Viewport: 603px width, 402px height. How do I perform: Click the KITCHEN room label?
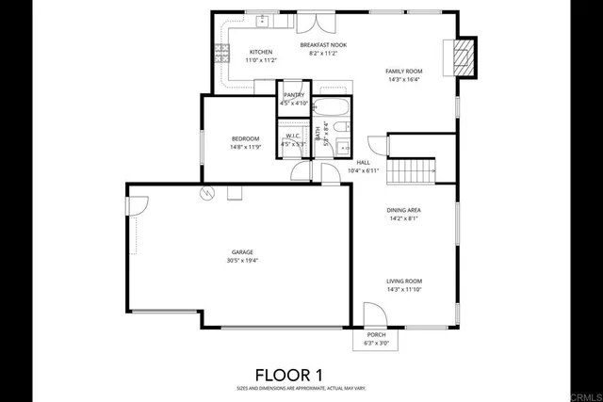pos(261,52)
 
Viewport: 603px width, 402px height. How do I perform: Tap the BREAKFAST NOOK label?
pos(322,44)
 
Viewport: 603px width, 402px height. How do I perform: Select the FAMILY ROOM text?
pos(403,71)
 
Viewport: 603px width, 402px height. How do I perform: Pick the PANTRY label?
pos(294,95)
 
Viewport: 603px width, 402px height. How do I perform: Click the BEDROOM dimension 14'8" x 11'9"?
pos(245,147)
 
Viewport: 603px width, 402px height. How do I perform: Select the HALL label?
pos(363,162)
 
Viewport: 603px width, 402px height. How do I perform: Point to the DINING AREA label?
pos(403,210)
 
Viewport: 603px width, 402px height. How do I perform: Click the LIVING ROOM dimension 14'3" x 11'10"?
pos(403,289)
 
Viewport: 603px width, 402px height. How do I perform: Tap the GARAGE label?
pos(243,252)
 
